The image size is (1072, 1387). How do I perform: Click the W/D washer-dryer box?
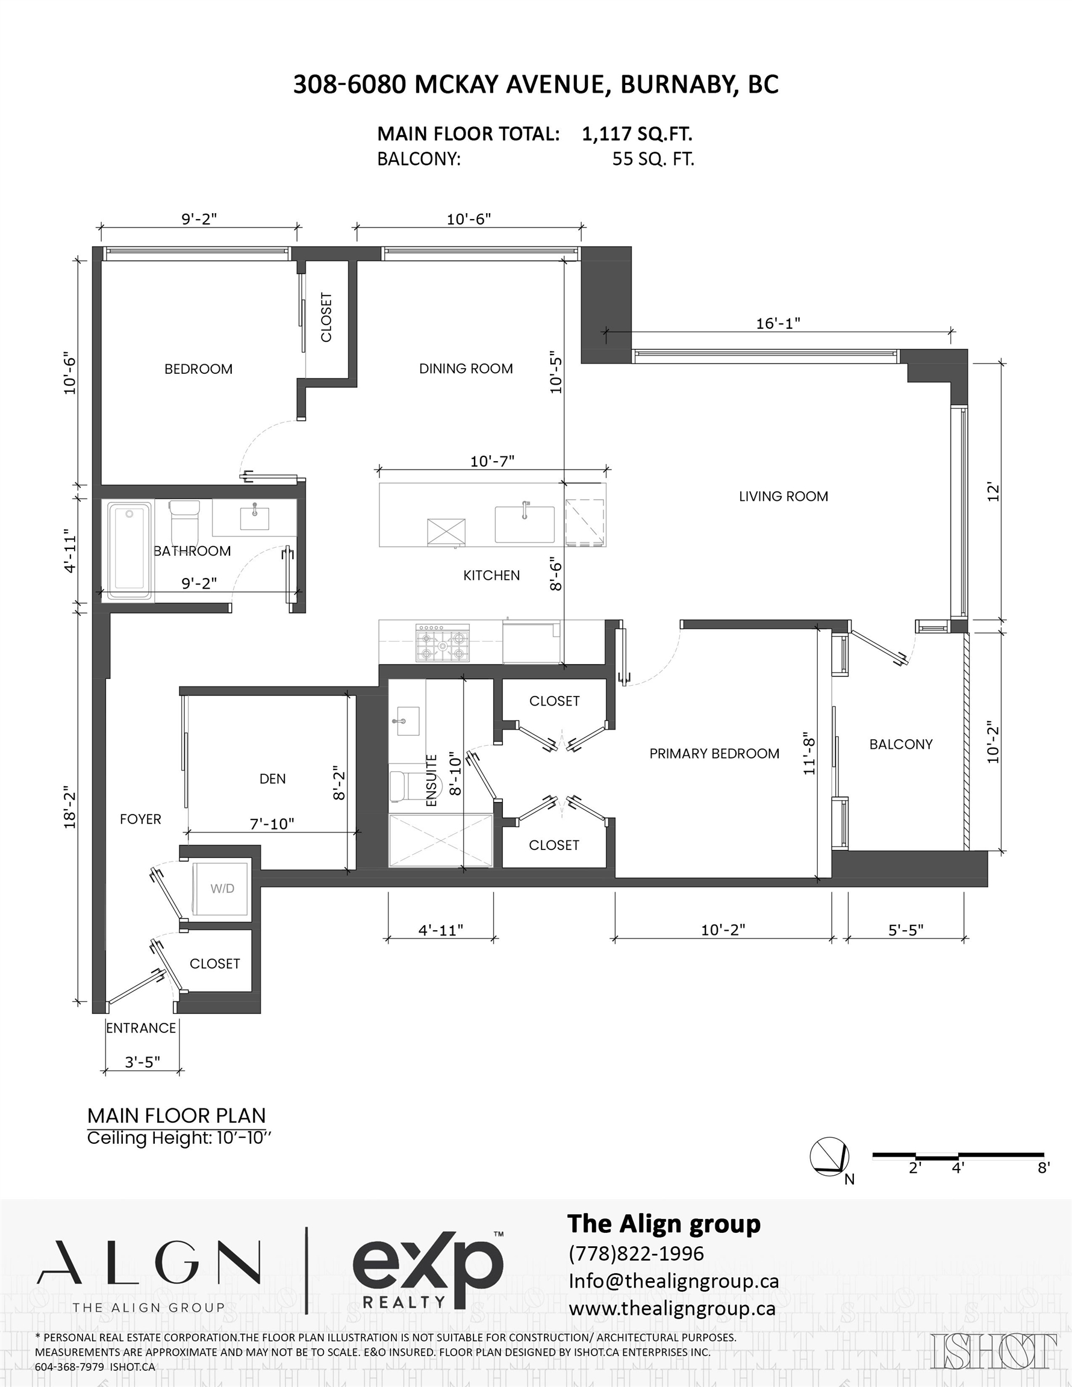click(222, 889)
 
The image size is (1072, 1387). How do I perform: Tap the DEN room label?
click(273, 778)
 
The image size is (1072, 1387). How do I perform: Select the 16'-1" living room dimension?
click(778, 323)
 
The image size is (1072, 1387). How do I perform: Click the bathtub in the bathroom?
click(129, 551)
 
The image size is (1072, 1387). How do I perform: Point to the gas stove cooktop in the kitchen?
click(442, 643)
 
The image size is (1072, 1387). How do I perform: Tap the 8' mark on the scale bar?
click(1044, 1168)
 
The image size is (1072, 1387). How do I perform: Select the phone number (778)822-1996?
click(636, 1255)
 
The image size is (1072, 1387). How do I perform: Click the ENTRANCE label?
click(141, 1028)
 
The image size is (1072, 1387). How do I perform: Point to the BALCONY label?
click(900, 744)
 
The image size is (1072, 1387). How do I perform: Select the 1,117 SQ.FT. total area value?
click(637, 134)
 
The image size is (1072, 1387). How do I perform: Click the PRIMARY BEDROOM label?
click(714, 754)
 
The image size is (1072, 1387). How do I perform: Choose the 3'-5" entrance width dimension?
click(142, 1063)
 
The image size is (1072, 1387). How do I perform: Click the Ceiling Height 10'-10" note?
click(179, 1137)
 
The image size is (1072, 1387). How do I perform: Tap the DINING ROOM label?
click(466, 368)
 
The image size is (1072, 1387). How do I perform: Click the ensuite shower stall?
click(440, 840)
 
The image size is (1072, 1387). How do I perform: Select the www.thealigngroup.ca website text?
click(672, 1309)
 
